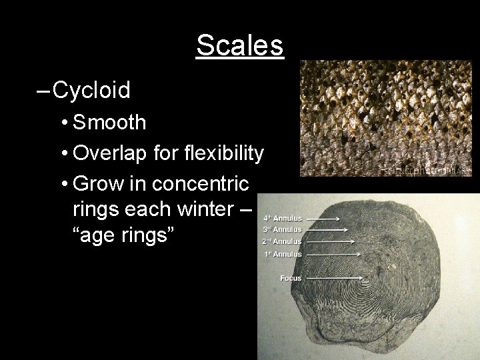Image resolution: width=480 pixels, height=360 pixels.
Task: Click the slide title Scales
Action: (240, 46)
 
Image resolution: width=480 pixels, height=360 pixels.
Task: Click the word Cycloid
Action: (91, 90)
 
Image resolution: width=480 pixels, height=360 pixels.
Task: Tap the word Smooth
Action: (109, 122)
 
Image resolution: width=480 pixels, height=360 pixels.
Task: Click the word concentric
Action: (203, 182)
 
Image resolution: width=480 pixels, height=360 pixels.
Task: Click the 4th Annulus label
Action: (283, 217)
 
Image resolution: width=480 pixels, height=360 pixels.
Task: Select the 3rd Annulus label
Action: (283, 229)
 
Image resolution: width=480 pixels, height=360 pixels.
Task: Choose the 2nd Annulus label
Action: (283, 241)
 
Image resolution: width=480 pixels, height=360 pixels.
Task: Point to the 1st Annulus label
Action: (283, 254)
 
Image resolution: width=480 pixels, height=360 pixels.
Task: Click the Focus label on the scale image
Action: (291, 277)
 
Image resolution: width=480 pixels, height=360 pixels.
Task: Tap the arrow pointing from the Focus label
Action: (333, 278)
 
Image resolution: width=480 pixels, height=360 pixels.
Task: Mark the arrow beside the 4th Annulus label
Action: (323, 218)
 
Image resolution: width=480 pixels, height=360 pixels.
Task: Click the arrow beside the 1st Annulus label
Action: (333, 254)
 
